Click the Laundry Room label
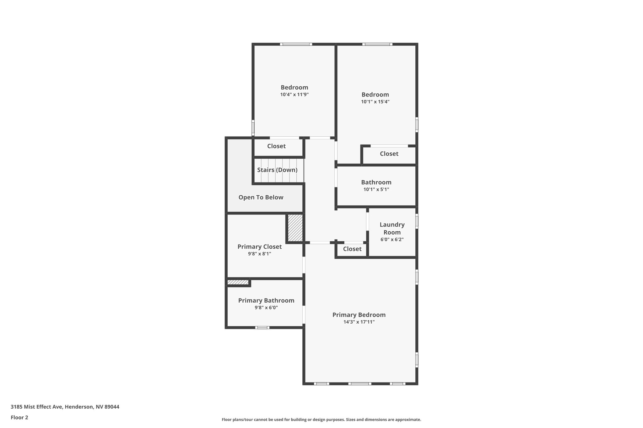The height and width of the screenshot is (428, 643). tap(392, 228)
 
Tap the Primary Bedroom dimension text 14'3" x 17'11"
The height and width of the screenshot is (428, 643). tap(359, 322)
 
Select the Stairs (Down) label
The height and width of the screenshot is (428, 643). tap(277, 170)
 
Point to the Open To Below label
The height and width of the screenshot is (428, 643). tap(261, 197)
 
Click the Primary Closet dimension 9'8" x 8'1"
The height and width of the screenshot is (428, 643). tap(259, 254)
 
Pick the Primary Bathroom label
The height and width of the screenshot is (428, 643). tap(266, 300)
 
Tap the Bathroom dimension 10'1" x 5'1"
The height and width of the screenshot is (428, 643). tap(376, 189)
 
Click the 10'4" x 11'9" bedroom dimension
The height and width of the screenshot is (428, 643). tap(294, 94)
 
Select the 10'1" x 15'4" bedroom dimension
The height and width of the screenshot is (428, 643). tap(375, 102)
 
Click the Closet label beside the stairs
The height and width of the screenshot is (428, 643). tap(276, 146)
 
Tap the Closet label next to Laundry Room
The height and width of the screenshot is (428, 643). tap(352, 249)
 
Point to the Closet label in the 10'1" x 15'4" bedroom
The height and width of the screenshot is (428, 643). tap(389, 154)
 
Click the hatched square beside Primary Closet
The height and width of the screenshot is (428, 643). tap(295, 228)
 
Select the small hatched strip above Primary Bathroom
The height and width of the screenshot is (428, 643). tap(238, 282)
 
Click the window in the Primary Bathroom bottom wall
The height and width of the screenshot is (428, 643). tap(262, 328)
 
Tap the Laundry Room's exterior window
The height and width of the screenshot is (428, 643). tap(417, 221)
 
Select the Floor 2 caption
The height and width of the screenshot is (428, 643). tap(19, 417)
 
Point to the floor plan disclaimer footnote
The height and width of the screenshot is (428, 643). tap(321, 420)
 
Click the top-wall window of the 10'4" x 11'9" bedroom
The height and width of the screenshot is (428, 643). tap(296, 44)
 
